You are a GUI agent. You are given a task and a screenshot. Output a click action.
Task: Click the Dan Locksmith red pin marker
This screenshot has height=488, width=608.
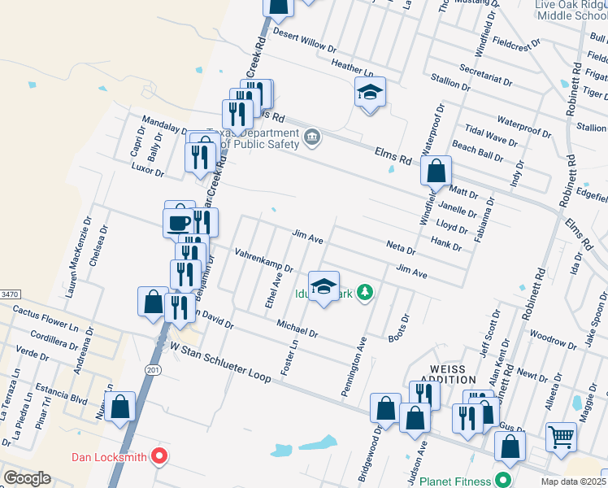tap(160, 456)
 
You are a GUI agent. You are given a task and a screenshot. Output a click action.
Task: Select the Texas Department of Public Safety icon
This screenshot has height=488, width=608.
tap(312, 139)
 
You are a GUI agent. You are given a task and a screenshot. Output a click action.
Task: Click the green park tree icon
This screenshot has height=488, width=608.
tap(366, 292)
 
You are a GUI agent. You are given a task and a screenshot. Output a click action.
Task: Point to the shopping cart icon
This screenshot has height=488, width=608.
tap(562, 437)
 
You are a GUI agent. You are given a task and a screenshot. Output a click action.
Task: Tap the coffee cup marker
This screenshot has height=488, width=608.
tap(179, 220)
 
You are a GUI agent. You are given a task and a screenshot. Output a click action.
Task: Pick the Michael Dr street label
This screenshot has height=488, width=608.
tap(297, 329)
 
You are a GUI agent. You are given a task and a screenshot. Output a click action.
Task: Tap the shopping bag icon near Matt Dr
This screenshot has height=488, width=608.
tap(436, 172)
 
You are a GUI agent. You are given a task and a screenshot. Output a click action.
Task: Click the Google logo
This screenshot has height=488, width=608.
tap(27, 477)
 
